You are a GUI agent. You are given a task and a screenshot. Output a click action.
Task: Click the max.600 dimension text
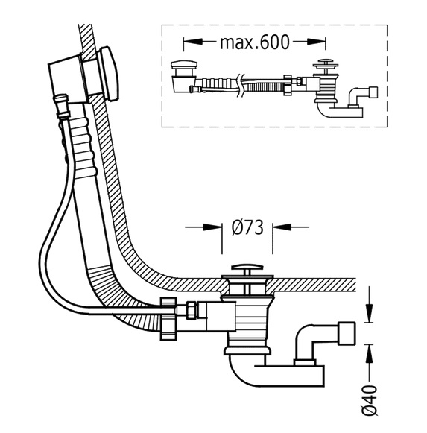click(255, 42)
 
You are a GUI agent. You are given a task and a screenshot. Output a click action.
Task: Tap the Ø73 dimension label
click(247, 228)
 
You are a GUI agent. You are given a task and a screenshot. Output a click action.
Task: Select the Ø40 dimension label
click(370, 400)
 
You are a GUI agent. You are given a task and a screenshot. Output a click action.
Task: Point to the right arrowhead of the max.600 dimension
click(317, 42)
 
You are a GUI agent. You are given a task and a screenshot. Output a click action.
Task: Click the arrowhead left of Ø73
click(212, 227)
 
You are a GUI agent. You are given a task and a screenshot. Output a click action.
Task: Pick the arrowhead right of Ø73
click(282, 227)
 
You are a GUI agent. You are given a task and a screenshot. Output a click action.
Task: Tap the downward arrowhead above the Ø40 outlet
click(369, 313)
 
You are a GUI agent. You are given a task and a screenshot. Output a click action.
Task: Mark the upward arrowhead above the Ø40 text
click(369, 354)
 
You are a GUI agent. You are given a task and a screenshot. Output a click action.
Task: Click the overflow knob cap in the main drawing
click(109, 74)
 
